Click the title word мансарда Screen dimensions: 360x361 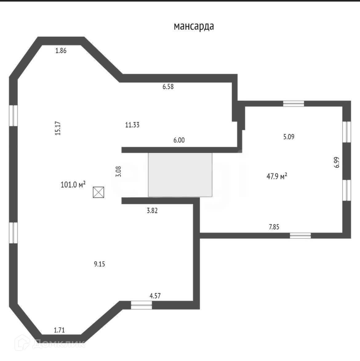pos(194,26)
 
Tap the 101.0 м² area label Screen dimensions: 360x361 pos(73,185)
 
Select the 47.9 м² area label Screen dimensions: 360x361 pos(277,176)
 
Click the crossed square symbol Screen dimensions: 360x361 pos(98,192)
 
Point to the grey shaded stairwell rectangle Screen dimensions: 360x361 pos(180,174)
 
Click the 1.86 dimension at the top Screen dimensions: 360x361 pos(61,51)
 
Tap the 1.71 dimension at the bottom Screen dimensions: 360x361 pos(59,330)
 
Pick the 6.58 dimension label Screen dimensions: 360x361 pos(168,87)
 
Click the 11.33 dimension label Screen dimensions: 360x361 pos(132,125)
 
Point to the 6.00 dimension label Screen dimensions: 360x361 pos(179,140)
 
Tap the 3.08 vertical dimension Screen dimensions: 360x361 pos(118,171)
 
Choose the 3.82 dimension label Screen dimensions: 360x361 pos(152,211)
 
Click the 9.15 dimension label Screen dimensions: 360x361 pos(99,264)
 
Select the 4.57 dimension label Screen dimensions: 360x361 pos(155,296)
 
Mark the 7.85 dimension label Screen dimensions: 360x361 pos(274,227)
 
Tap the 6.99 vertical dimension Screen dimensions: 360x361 pos(337,162)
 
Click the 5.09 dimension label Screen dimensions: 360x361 pos(289,137)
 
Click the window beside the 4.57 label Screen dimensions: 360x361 pos(142,305)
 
